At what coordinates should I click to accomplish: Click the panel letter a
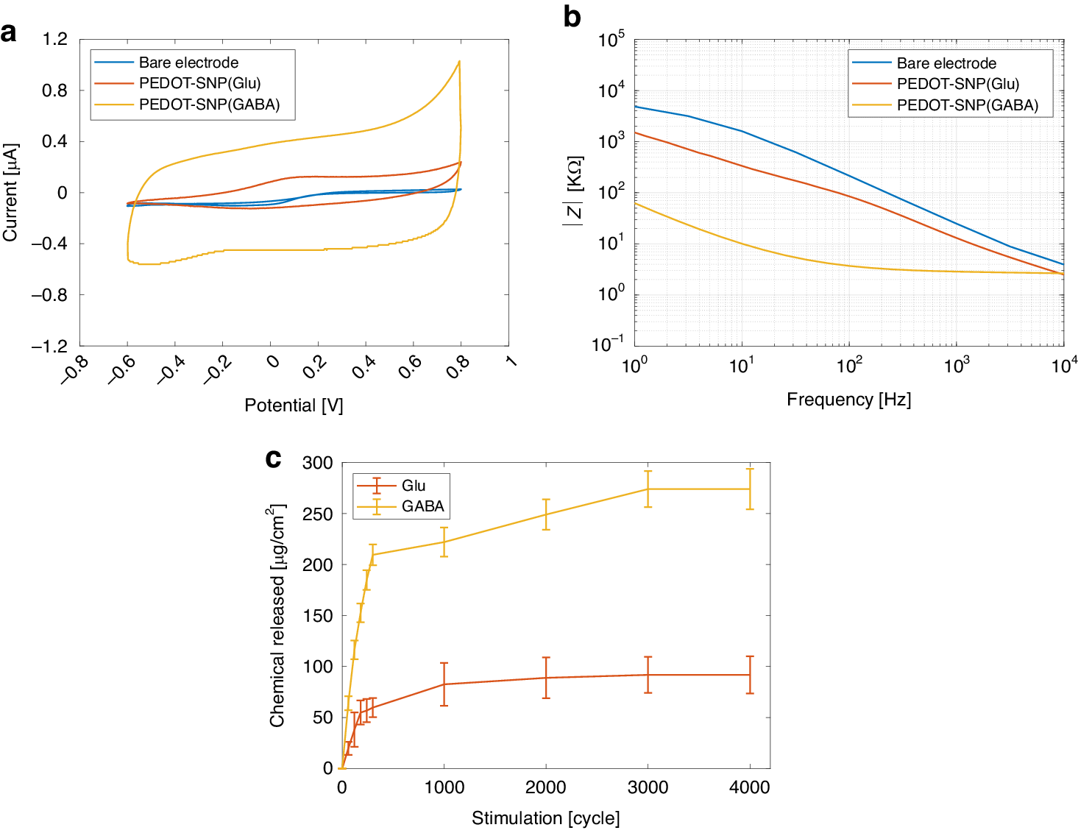click(x=9, y=32)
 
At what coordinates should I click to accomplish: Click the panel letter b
click(x=572, y=16)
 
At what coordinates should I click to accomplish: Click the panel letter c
click(x=273, y=458)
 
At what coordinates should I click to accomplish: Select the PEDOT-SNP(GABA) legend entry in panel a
click(x=209, y=104)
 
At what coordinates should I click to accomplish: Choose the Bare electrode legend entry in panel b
click(x=946, y=63)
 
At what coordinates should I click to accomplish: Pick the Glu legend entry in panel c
click(x=413, y=486)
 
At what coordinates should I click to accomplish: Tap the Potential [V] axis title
click(x=294, y=405)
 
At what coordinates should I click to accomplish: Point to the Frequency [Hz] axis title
click(x=848, y=400)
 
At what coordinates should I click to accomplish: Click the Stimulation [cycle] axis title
click(x=545, y=818)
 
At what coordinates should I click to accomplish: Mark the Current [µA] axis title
click(x=10, y=192)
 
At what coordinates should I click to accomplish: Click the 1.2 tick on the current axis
click(x=55, y=39)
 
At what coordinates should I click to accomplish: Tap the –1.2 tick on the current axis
click(x=49, y=346)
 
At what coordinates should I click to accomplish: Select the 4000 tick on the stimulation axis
click(x=749, y=787)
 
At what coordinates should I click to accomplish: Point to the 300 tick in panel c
click(x=318, y=463)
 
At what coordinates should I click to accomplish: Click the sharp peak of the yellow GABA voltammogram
click(x=459, y=61)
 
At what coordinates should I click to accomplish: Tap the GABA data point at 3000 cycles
click(x=648, y=489)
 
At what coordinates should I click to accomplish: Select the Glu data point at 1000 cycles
click(x=444, y=684)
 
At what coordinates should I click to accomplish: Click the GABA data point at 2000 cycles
click(x=546, y=514)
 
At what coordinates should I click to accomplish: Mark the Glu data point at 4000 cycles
click(x=749, y=675)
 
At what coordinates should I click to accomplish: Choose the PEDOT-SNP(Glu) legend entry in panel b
click(x=957, y=84)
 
